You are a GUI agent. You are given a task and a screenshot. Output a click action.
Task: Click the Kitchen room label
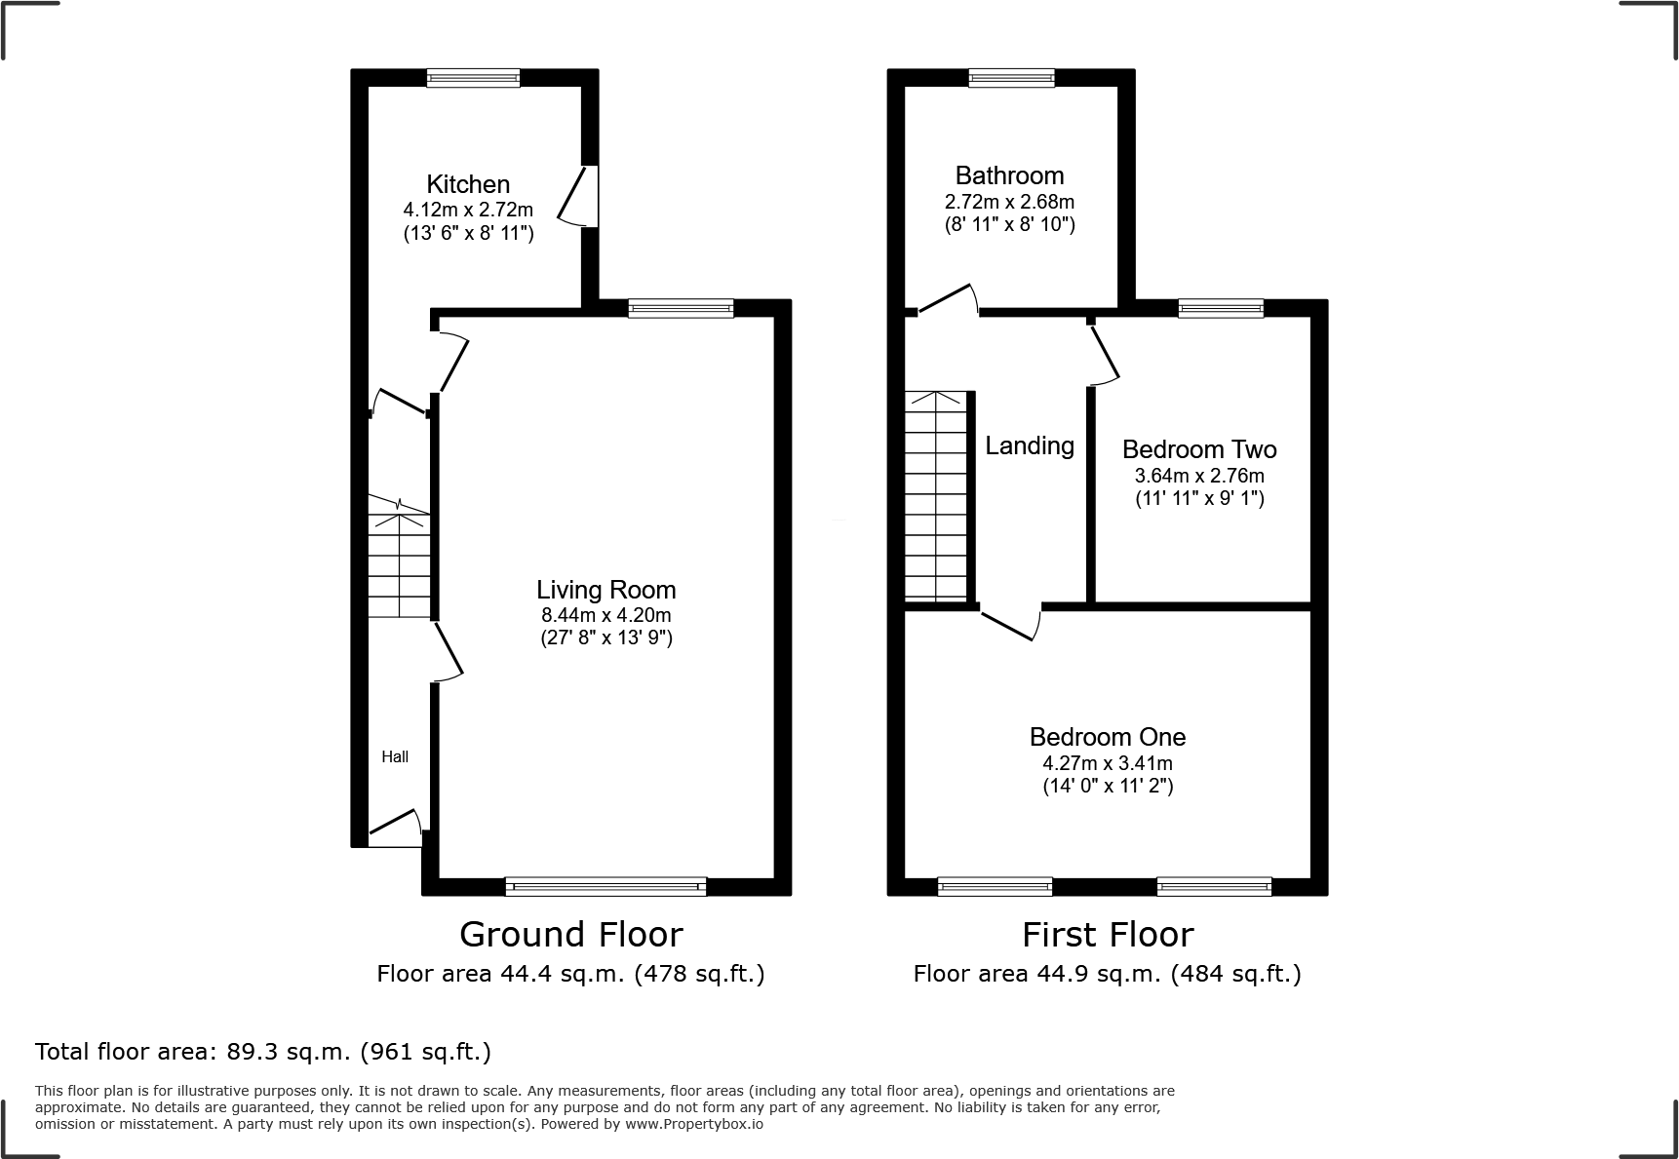click(468, 184)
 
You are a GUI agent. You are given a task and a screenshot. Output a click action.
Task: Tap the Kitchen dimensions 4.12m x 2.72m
click(468, 210)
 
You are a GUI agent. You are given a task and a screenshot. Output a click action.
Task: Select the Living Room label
click(605, 590)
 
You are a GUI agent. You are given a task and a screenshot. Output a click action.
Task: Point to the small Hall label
click(395, 756)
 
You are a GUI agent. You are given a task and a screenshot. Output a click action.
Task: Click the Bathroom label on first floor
click(1009, 175)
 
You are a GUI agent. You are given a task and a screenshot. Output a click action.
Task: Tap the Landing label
click(1029, 445)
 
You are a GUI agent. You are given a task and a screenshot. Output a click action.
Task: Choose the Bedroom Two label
click(1199, 449)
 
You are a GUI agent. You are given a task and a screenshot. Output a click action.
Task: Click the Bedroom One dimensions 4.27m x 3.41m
click(1108, 763)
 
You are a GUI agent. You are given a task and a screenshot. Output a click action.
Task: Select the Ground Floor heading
click(570, 934)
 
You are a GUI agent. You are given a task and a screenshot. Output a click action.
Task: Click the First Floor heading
click(1108, 934)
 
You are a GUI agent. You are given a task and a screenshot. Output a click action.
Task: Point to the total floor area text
click(263, 1052)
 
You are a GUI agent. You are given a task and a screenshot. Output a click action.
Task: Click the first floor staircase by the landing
click(937, 496)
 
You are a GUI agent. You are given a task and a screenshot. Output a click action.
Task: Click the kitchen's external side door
click(580, 197)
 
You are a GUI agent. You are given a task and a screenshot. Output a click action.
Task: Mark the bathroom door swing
click(948, 298)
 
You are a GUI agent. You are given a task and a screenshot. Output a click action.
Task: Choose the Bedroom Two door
click(1104, 353)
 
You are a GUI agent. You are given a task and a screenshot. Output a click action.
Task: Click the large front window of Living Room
click(605, 886)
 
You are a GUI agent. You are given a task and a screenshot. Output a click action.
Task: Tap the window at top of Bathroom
click(1011, 78)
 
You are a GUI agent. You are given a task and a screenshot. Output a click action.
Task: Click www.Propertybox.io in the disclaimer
click(693, 1124)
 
